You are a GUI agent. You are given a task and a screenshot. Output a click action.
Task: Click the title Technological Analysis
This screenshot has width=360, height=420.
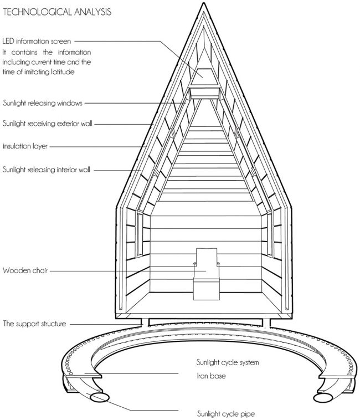[x=57, y=12]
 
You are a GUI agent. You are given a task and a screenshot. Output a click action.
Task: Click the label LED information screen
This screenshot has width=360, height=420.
[x=37, y=41]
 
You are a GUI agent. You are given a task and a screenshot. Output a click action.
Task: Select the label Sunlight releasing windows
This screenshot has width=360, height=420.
[x=43, y=103]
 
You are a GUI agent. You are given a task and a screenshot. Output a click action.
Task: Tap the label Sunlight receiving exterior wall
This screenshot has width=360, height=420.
[x=48, y=124]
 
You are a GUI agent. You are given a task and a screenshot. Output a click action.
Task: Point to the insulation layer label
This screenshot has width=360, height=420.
[x=25, y=146]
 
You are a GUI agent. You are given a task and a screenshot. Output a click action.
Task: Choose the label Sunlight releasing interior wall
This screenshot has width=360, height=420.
[x=47, y=170]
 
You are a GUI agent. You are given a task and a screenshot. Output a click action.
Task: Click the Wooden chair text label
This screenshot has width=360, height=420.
[x=25, y=270]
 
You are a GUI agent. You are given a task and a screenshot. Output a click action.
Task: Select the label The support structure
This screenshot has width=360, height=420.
[x=34, y=324]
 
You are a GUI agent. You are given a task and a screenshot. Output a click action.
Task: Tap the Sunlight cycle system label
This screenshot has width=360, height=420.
[x=228, y=362]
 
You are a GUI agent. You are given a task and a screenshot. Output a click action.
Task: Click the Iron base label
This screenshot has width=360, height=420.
[x=211, y=376]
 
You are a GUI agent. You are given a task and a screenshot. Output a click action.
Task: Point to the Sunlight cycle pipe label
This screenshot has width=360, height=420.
[x=226, y=413]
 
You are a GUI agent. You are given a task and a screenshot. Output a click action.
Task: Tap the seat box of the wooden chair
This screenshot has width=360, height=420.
[x=207, y=289]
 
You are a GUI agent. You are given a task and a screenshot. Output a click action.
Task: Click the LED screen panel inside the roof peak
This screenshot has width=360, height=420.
[x=204, y=77]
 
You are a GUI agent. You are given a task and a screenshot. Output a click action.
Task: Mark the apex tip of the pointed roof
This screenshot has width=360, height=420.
[x=204, y=3]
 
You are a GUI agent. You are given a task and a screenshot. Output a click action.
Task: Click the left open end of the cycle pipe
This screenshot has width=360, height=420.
[x=100, y=397]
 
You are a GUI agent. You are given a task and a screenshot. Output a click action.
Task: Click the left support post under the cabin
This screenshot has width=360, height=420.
[x=145, y=322]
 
